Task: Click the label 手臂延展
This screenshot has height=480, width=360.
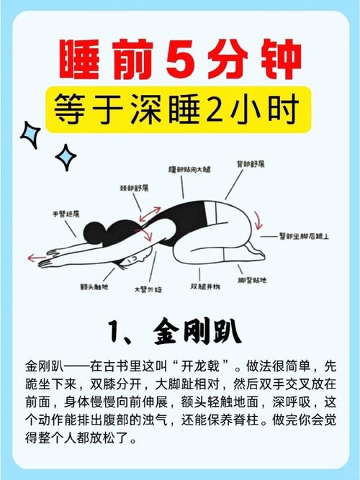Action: [66, 214]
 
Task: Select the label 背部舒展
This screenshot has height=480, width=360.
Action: [252, 164]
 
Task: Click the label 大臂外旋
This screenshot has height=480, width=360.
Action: [148, 289]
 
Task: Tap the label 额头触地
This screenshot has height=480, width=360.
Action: [94, 286]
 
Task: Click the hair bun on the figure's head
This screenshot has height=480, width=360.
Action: [92, 232]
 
